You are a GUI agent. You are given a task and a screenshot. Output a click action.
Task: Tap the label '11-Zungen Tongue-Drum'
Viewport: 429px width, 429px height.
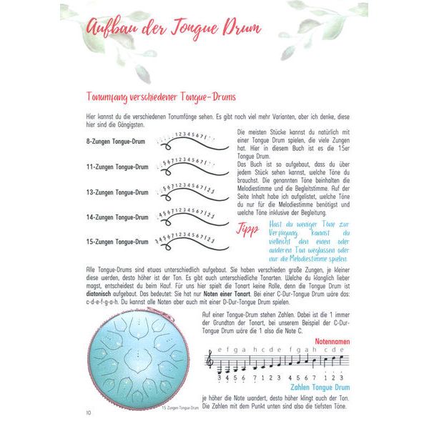[x=117, y=167]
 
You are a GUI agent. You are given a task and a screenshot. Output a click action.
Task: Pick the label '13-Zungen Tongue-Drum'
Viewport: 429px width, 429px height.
[x=117, y=192]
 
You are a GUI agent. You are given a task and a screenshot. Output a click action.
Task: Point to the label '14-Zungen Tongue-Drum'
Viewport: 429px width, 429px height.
[x=117, y=217]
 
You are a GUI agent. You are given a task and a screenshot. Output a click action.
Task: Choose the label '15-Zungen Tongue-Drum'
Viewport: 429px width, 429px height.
[x=117, y=242]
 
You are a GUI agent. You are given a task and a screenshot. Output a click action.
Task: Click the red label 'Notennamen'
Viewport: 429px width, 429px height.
[x=332, y=342]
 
